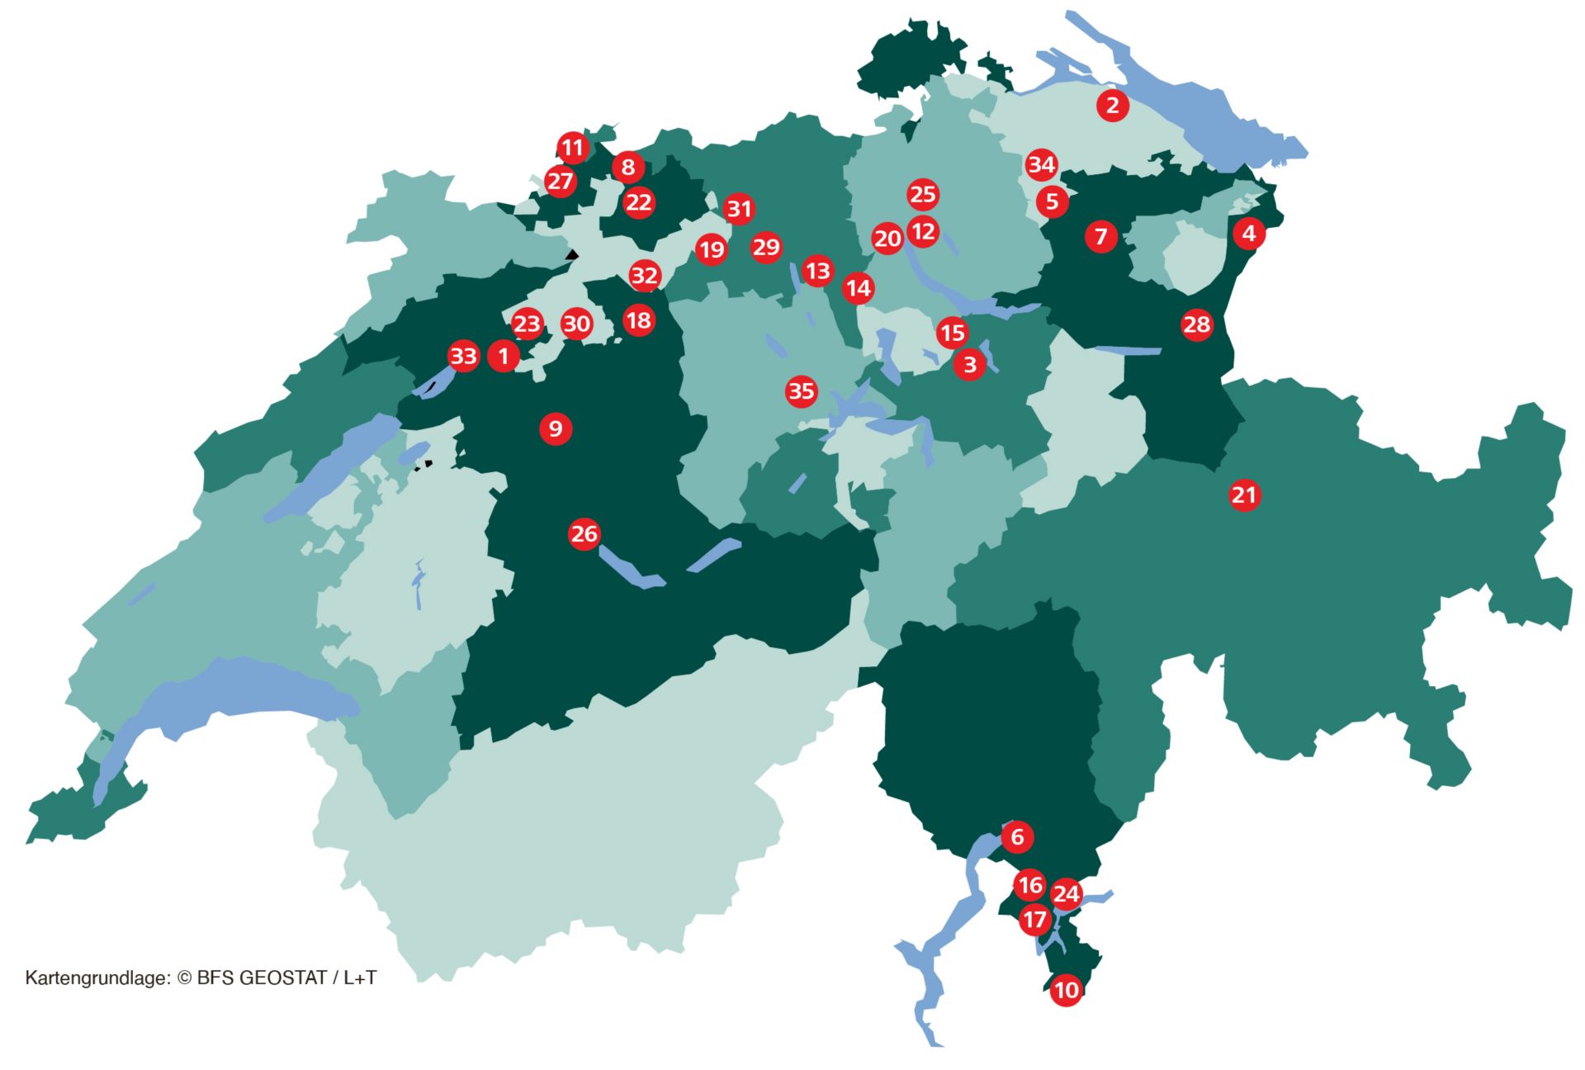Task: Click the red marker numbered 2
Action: (x=1112, y=106)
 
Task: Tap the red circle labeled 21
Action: (x=1244, y=495)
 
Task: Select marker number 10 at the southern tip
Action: (x=1066, y=990)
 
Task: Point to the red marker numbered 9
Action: (x=556, y=428)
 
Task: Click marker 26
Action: (x=584, y=534)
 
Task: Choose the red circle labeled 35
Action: (x=801, y=391)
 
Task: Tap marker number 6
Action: (x=1017, y=837)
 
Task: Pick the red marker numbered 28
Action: (x=1196, y=325)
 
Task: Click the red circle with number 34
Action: (x=1041, y=165)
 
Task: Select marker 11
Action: (x=572, y=149)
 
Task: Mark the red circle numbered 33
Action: (x=463, y=357)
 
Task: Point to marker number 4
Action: (x=1248, y=234)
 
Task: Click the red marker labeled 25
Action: (x=922, y=195)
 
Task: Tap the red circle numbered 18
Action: (x=638, y=320)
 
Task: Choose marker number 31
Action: (x=739, y=210)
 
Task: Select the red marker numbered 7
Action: (x=1100, y=237)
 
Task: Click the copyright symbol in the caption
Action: (x=184, y=978)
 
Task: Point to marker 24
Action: (x=1066, y=894)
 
